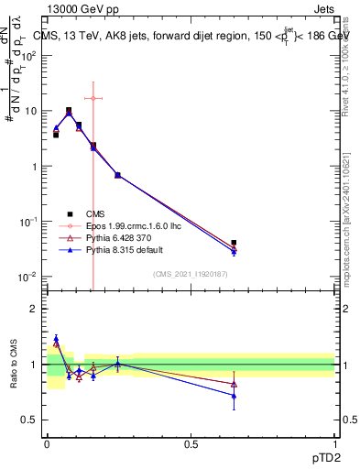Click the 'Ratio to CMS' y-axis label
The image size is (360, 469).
tap(13, 364)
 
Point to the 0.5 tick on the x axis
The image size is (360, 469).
tap(191, 443)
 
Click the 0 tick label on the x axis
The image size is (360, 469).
tap(47, 443)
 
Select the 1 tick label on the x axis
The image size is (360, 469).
tap(334, 443)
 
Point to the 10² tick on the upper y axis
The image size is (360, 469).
tap(31, 55)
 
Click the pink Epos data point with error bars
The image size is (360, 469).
tap(93, 98)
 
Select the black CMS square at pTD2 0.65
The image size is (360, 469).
tap(234, 243)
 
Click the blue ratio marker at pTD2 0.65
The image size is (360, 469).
tap(234, 396)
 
